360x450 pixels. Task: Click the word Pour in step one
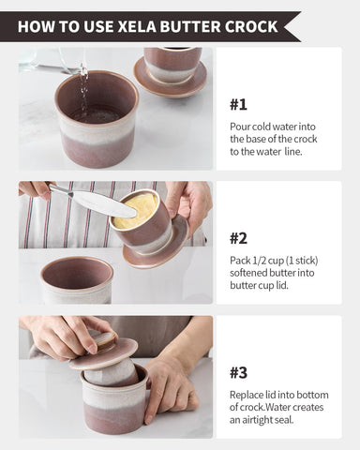240,126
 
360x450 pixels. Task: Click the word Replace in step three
248,395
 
